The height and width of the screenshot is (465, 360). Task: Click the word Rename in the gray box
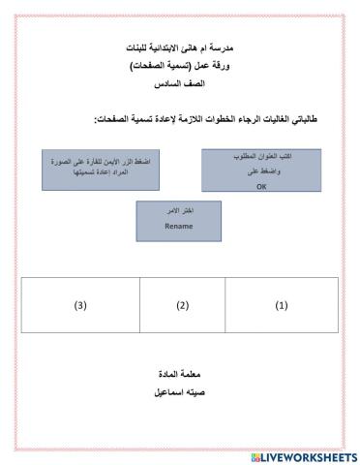tap(179, 226)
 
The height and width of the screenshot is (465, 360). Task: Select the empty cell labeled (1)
tap(282, 304)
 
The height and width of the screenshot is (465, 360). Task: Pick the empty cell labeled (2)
tap(181, 304)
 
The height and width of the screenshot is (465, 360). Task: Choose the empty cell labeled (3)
tap(80, 304)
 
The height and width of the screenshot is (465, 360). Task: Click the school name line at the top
tap(181, 47)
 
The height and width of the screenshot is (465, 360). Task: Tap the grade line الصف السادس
tap(181, 85)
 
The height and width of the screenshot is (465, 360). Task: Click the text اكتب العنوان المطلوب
tap(261, 156)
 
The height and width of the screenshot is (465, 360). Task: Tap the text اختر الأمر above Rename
tap(179, 211)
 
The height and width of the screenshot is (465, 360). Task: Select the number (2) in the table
tap(181, 305)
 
